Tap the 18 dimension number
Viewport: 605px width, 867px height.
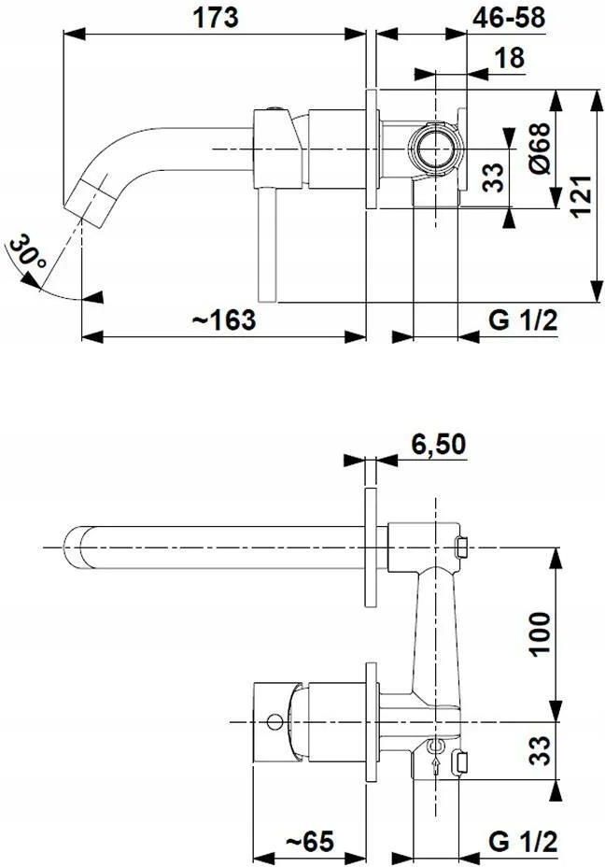tap(510, 58)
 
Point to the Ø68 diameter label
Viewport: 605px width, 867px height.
tap(541, 149)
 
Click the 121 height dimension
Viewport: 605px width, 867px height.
tap(581, 196)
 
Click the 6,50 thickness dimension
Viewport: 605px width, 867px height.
tap(438, 444)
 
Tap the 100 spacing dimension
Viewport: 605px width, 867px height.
tap(541, 633)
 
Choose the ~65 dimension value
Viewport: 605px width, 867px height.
tap(310, 842)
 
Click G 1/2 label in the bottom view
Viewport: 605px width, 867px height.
tap(523, 842)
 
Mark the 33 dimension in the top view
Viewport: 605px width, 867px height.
tap(496, 177)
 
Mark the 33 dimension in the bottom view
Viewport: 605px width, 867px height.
tap(542, 750)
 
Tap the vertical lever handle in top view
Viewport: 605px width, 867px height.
tap(267, 246)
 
